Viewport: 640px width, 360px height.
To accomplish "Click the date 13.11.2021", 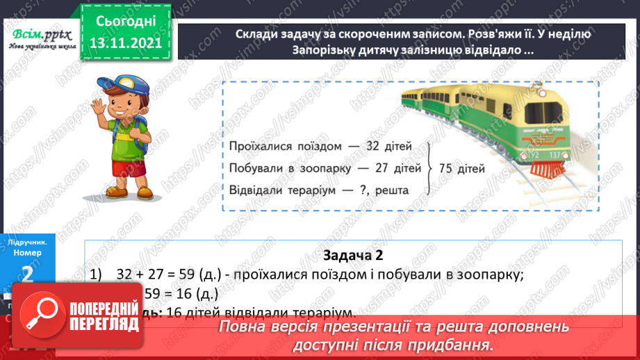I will coord(126,44).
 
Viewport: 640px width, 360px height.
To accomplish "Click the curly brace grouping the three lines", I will coord(432,167).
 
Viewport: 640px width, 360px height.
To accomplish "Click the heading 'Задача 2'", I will coord(353,255).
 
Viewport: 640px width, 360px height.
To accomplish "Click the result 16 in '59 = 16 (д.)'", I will coord(187,293).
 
